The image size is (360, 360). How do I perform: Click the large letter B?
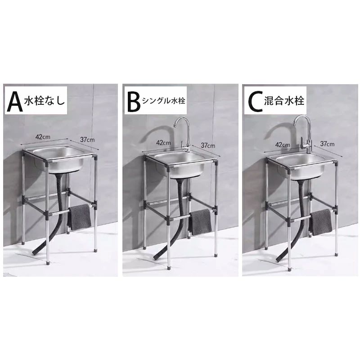coord(133,101)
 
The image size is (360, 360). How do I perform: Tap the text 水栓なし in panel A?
coord(44,101)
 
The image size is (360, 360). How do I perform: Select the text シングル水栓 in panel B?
coord(163,101)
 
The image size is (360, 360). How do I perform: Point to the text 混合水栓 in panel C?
coord(284,100)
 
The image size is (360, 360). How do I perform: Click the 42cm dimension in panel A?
coord(43,137)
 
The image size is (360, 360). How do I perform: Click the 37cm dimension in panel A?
coord(87,139)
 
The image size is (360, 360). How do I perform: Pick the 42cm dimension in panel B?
coord(163,143)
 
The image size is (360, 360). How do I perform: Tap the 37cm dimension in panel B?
coord(208,145)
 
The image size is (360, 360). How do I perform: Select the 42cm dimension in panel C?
coord(283,144)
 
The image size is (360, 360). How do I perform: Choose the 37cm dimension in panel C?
coord(327,144)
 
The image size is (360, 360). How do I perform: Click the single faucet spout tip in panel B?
coord(174,126)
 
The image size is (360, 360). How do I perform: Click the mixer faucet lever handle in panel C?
coord(302,141)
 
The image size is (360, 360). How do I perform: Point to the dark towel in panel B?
coord(200,222)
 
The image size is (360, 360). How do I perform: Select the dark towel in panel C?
coord(320,222)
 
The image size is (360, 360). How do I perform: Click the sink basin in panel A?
coord(58,159)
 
